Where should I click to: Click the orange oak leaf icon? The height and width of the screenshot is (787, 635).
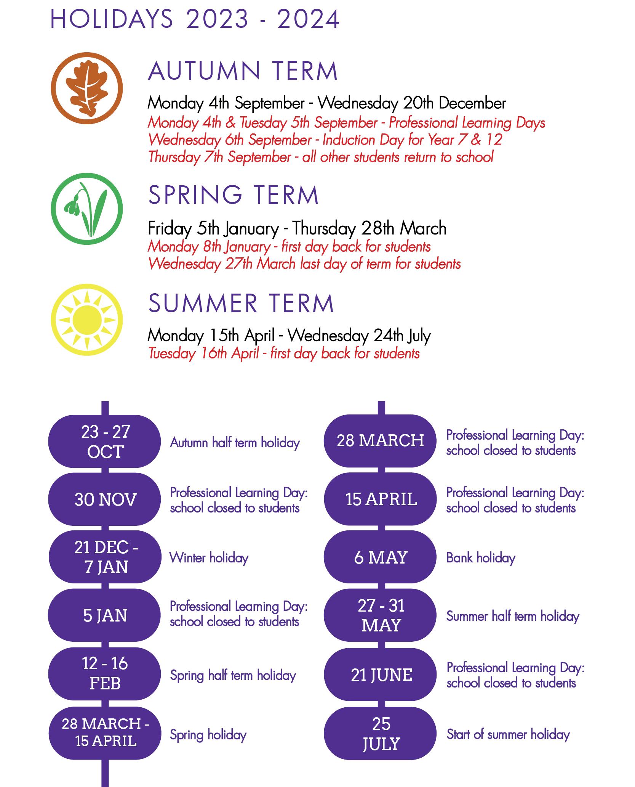click(x=87, y=88)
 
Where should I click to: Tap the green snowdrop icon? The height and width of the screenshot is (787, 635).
click(x=87, y=209)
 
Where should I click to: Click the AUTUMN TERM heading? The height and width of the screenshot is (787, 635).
click(x=243, y=71)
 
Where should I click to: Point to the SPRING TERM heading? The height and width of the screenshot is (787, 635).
click(x=233, y=195)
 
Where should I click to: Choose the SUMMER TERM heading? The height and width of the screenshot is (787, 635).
click(x=241, y=304)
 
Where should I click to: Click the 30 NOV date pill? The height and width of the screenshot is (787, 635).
click(x=105, y=500)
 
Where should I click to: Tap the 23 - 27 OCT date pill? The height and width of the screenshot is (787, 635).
click(x=105, y=442)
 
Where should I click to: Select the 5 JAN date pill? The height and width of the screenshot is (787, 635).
click(x=105, y=615)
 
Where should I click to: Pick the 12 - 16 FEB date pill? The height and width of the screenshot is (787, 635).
click(x=105, y=674)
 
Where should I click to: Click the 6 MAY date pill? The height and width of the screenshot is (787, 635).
click(x=380, y=557)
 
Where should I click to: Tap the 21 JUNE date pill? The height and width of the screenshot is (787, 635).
click(x=380, y=675)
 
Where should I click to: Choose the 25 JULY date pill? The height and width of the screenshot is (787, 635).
click(x=380, y=734)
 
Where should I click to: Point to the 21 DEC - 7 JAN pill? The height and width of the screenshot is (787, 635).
click(x=105, y=557)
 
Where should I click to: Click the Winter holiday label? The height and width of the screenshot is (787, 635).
click(x=209, y=558)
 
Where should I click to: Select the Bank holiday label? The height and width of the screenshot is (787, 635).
click(x=481, y=558)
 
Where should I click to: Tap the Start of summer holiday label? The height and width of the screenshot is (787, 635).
click(x=508, y=734)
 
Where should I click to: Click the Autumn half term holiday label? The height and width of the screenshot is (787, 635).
click(x=235, y=443)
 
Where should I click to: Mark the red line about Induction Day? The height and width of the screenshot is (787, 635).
click(x=325, y=140)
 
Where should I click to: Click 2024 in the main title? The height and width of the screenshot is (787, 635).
click(x=308, y=19)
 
